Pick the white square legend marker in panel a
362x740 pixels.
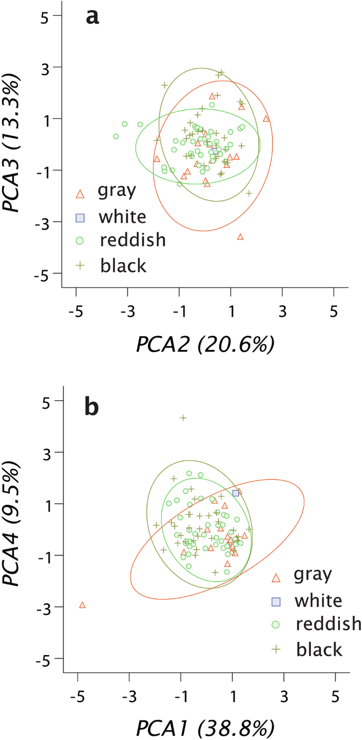pos(80,217)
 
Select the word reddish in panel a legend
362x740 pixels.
pos(133,240)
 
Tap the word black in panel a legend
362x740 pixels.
pos(123,265)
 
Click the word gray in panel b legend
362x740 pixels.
pos(314,575)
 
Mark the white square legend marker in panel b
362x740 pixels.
pos(275,601)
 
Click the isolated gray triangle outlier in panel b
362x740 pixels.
pos(82,605)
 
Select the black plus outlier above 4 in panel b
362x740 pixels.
pos(183,418)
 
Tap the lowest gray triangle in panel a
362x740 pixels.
pos(240,237)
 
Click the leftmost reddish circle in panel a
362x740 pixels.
pos(116,136)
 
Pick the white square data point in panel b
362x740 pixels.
pos(236,493)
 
